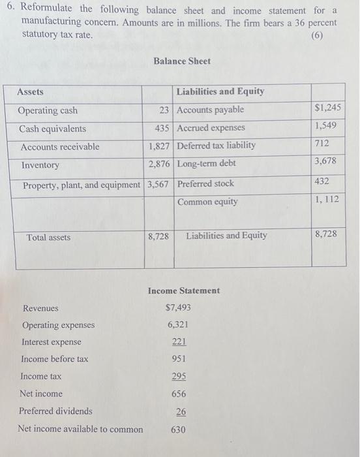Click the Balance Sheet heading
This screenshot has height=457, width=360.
(182, 61)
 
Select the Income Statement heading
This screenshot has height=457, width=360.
(184, 291)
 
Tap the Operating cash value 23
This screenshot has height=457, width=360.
(165, 110)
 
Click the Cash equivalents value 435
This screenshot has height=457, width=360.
(162, 128)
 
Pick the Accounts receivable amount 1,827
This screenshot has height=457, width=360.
(159, 146)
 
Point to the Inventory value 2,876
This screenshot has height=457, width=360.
(159, 164)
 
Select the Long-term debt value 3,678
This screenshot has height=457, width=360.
(326, 161)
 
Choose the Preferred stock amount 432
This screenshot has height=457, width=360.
(322, 181)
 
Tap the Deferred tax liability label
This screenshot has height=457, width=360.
(217, 146)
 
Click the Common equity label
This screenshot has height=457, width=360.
(207, 202)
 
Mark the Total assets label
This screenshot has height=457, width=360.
(49, 238)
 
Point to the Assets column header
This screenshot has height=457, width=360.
(31, 92)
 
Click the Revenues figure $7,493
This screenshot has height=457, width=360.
(178, 307)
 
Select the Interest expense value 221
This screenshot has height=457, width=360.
(179, 341)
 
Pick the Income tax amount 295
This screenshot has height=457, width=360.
(179, 376)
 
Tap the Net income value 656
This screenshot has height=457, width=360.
(179, 394)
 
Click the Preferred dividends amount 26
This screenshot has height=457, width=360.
(181, 411)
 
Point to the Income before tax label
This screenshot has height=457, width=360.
(55, 359)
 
